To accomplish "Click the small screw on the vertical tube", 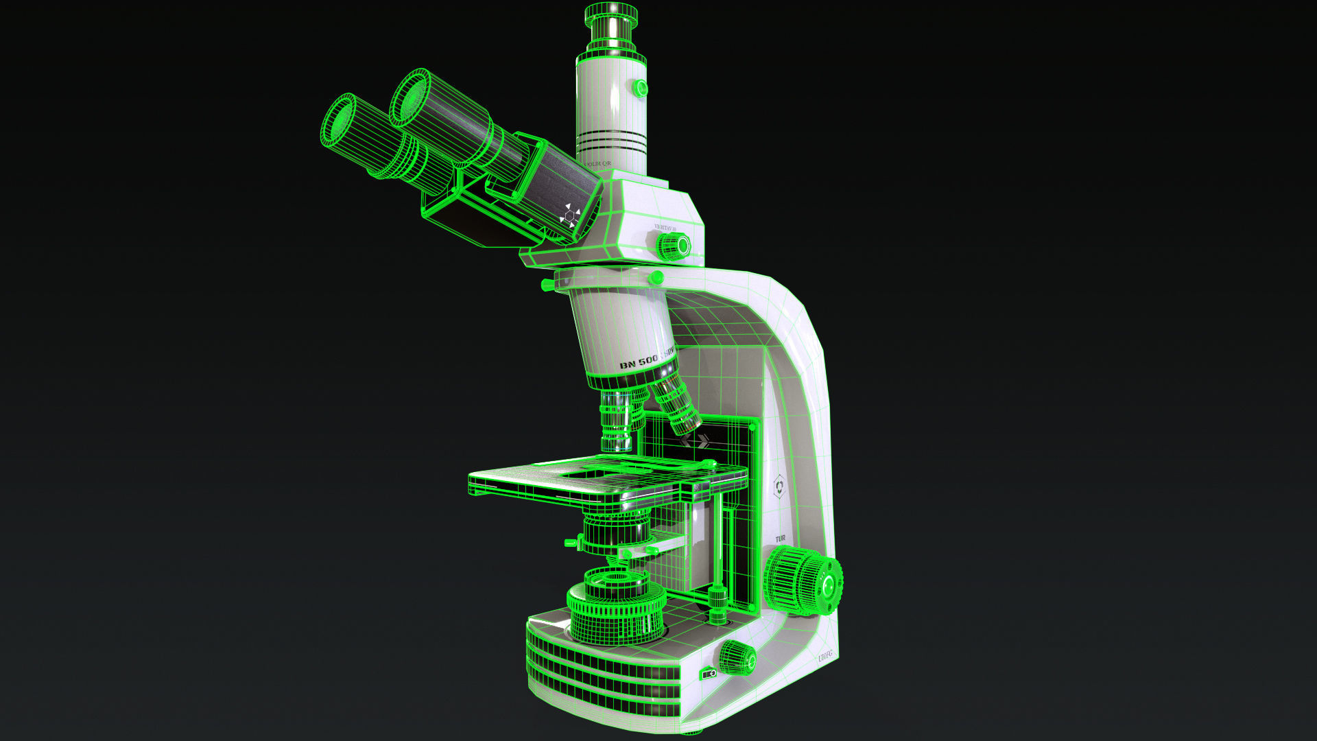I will click(x=640, y=87).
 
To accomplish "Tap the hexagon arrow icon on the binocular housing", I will click(x=569, y=215).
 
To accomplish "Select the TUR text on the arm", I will click(x=779, y=539).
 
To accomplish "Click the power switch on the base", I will click(x=708, y=674).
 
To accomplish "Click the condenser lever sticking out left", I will click(x=571, y=543).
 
